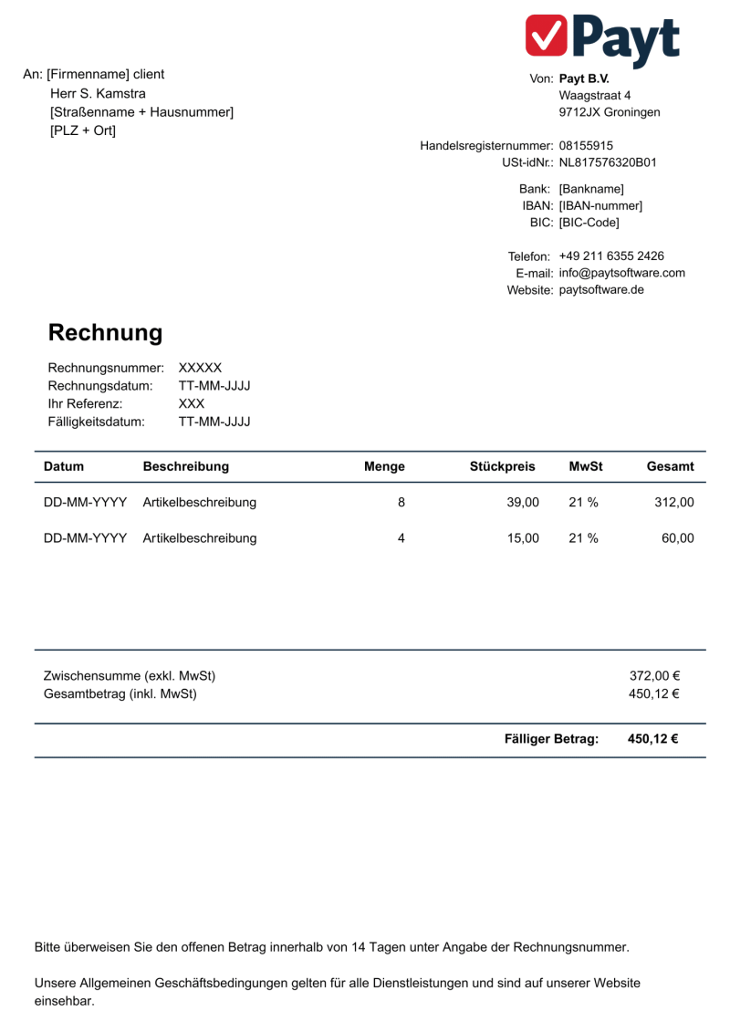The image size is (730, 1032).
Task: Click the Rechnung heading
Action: pyautogui.click(x=105, y=333)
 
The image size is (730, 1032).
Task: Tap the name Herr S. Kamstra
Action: pyautogui.click(x=98, y=93)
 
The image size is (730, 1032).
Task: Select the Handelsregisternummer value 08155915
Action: pyautogui.click(x=586, y=145)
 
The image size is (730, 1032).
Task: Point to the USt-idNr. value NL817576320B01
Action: pyautogui.click(x=608, y=162)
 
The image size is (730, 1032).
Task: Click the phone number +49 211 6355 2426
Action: pyautogui.click(x=611, y=255)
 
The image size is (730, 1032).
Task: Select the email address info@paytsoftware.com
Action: pyautogui.click(x=621, y=273)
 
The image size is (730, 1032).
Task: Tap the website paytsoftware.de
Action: pyautogui.click(x=601, y=290)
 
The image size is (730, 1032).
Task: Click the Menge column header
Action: pyautogui.click(x=384, y=466)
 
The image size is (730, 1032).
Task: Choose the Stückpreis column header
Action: pyautogui.click(x=502, y=466)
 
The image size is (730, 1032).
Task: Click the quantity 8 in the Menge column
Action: pyautogui.click(x=401, y=502)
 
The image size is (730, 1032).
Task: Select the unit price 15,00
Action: pyautogui.click(x=524, y=537)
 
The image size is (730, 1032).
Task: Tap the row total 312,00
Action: pyautogui.click(x=674, y=502)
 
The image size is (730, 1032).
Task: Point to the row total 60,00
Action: pyautogui.click(x=678, y=537)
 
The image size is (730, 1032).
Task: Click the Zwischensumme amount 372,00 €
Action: pyautogui.click(x=654, y=676)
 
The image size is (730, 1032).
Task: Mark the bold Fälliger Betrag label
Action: pyautogui.click(x=551, y=739)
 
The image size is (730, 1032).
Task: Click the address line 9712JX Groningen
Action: pyautogui.click(x=610, y=112)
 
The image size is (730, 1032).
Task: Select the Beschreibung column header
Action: pyautogui.click(x=186, y=466)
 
